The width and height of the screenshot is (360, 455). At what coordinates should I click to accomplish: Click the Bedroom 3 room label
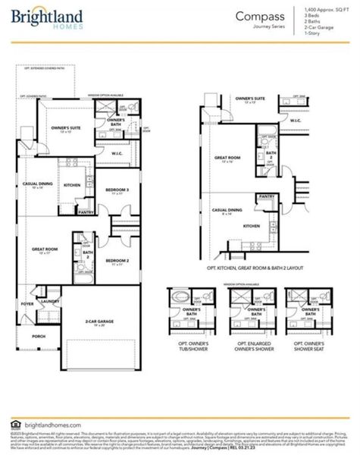pos(117,190)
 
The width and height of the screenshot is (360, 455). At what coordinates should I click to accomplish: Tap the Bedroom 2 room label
pos(117,260)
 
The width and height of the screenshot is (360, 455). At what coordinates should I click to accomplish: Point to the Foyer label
pos(27,304)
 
